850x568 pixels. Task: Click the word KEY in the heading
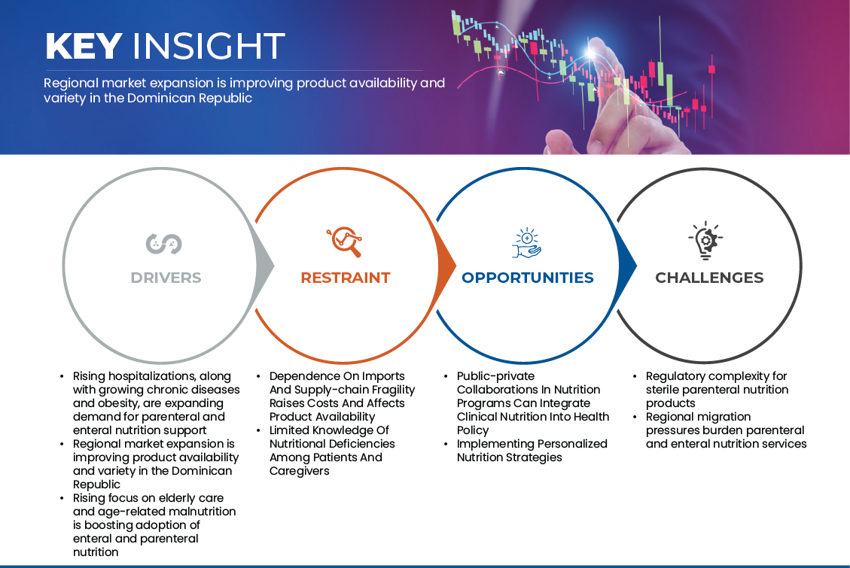click(83, 47)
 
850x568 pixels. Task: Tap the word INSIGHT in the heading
click(208, 47)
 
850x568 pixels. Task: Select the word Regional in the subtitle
click(69, 83)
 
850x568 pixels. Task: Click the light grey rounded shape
click(158, 271)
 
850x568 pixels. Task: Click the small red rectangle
click(450, 414)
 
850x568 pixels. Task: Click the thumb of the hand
click(561, 141)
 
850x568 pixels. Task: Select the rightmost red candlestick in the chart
click(711, 69)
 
